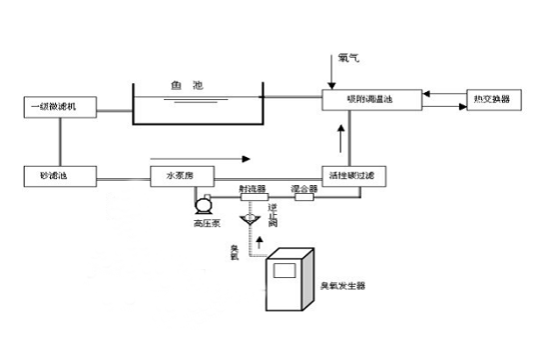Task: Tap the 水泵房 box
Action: coord(179,175)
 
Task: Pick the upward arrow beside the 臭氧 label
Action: coord(261,242)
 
